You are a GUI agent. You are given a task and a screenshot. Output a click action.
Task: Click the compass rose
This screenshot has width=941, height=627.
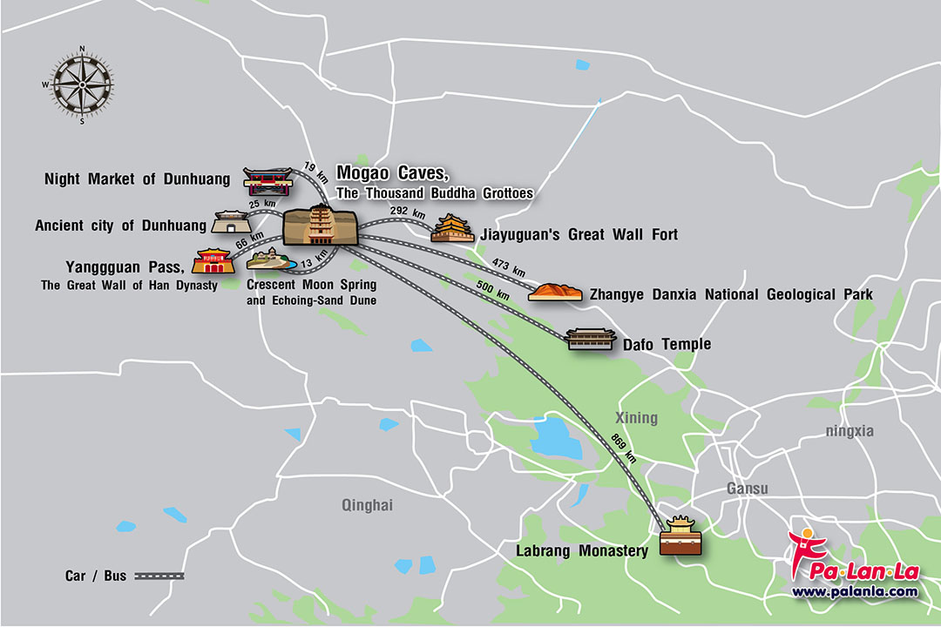(82, 84)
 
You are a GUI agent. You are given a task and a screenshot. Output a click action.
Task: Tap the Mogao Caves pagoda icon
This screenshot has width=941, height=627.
(319, 226)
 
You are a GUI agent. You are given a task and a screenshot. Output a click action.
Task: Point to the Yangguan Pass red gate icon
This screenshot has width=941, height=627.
(213, 260)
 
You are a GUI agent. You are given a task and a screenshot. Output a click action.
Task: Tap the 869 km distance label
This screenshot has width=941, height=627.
(623, 446)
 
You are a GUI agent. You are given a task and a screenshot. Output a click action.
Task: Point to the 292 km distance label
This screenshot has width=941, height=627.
(408, 212)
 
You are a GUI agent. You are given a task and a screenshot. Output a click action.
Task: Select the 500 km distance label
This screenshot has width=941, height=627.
(493, 290)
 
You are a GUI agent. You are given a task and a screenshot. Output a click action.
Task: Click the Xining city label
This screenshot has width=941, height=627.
(636, 418)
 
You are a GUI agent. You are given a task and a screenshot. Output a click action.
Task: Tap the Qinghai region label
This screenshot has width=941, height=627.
(368, 505)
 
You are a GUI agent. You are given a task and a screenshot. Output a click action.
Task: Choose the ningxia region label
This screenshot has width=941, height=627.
(850, 430)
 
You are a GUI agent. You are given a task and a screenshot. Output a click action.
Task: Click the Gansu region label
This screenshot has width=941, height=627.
(748, 489)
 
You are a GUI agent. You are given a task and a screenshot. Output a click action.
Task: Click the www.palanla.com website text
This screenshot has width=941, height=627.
(854, 591)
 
